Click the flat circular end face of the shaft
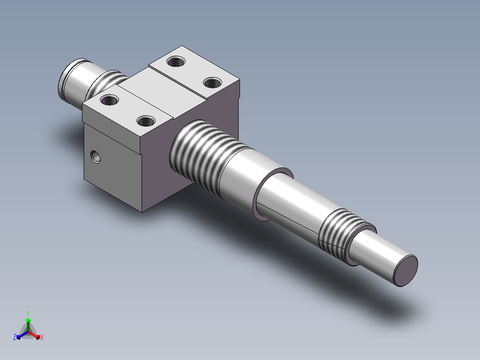(406, 271)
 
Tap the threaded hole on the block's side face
(95, 156)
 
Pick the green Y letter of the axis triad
(28, 314)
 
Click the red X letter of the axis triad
(42, 337)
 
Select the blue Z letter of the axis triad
(14, 337)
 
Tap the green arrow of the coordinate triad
(28, 324)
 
